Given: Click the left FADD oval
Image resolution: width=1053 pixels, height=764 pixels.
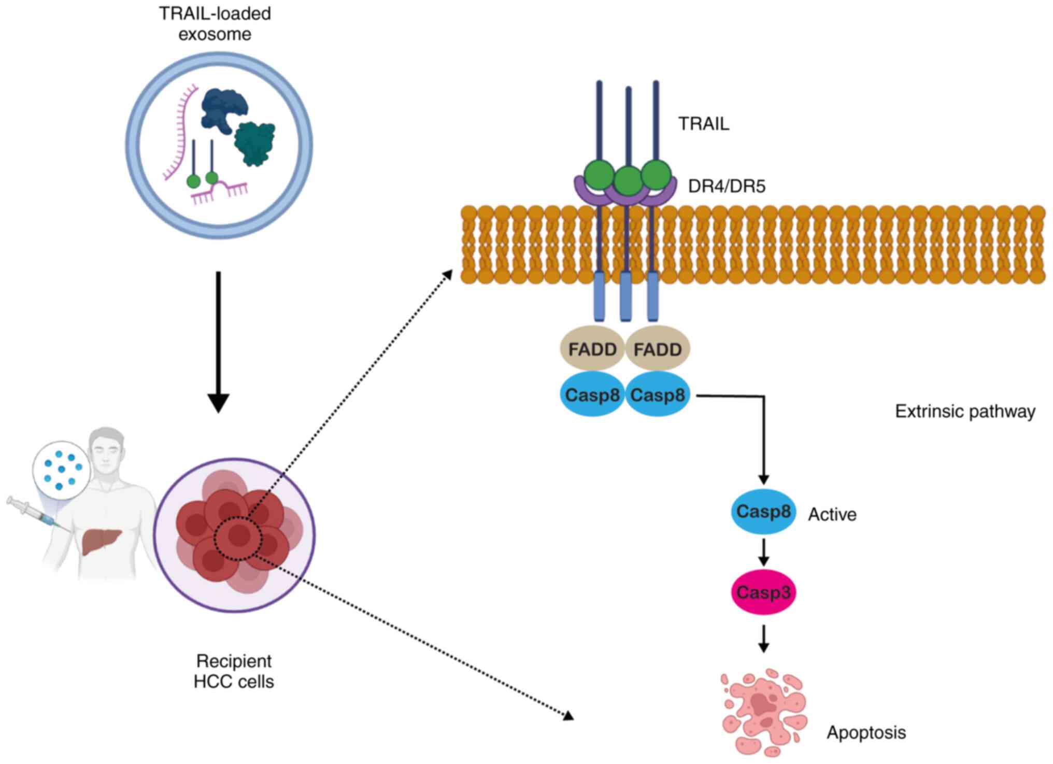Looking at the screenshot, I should (592, 349).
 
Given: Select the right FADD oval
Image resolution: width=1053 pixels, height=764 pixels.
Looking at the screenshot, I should (658, 349).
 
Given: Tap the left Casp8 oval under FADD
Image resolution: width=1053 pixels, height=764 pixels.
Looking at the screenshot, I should (592, 395).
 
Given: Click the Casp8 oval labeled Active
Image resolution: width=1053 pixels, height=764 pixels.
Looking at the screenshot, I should (763, 512).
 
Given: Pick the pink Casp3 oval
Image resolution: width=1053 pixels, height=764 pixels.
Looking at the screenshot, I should (763, 592).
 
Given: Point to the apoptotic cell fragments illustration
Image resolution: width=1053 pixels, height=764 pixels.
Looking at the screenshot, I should (764, 713).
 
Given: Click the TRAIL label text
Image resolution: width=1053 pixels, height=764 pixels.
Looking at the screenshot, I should (704, 124).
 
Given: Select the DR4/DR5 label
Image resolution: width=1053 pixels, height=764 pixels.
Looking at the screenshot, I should (727, 186).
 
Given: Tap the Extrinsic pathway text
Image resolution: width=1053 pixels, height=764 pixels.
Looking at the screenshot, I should (965, 412).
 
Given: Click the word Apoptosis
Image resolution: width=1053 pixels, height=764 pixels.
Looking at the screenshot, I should (866, 732).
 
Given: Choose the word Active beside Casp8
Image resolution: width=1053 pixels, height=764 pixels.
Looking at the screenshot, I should (832, 514).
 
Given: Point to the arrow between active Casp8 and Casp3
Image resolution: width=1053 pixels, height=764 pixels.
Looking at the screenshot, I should (763, 553).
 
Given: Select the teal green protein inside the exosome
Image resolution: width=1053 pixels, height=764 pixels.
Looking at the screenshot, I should (254, 144).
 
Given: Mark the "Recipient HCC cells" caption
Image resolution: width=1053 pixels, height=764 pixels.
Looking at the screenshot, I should (234, 671).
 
